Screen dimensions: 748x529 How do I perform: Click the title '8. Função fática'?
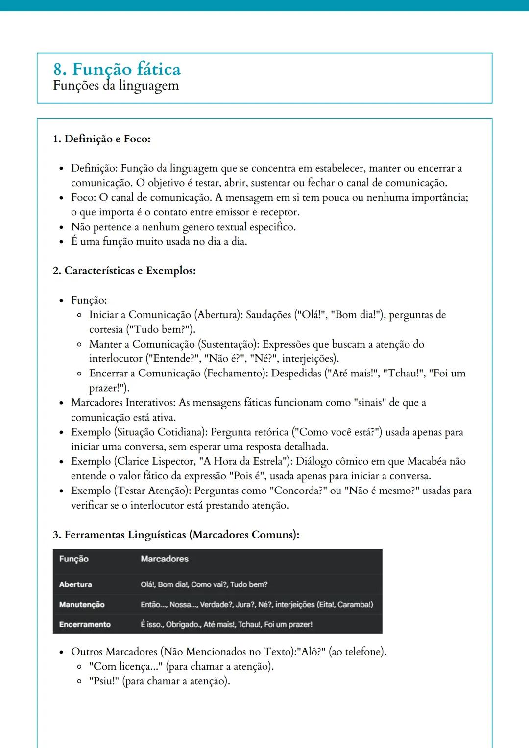117,69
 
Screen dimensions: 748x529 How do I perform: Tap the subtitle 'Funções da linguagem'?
116,86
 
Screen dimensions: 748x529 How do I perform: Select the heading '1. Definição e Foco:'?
101,139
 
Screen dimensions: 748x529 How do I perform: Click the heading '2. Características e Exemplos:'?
124,271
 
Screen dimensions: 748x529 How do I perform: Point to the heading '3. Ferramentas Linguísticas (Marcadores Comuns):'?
176,535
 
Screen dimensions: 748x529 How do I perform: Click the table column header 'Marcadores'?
164,559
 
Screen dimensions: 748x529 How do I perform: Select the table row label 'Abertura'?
75,584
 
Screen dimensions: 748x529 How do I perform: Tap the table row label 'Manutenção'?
82,605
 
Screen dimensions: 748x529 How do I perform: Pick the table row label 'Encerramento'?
85,625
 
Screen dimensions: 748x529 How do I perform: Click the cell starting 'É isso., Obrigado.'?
226,625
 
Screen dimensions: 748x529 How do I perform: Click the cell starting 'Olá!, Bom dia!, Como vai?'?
204,584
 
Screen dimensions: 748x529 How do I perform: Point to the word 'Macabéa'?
427,461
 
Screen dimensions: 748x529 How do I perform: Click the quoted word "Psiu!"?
104,681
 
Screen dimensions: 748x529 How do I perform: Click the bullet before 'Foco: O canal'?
61,198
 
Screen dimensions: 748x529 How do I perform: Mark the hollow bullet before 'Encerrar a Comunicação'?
79,374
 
